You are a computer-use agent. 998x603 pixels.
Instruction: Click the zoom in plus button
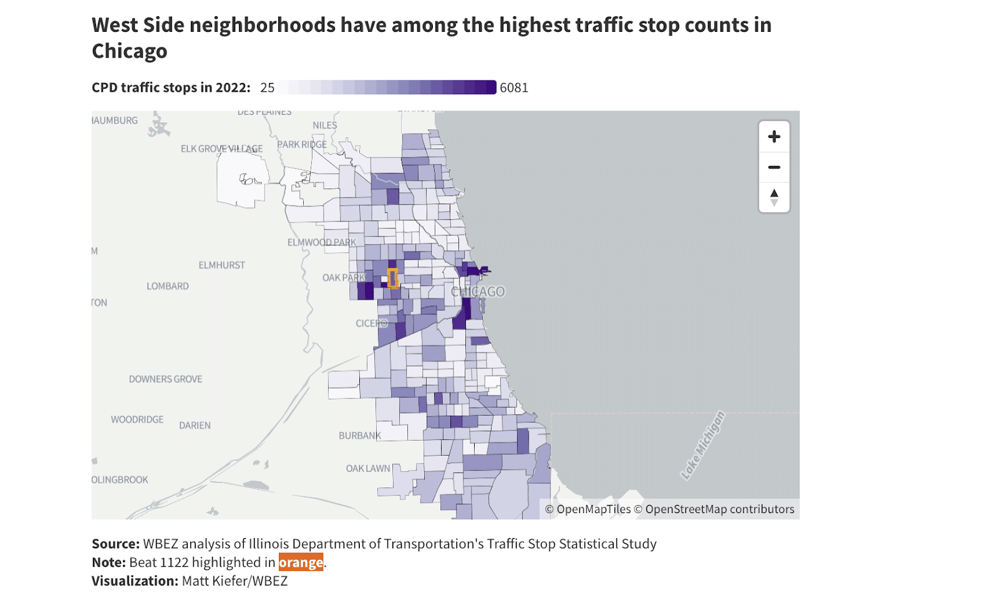coord(774,137)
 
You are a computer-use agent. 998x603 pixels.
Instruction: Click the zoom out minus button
coord(774,167)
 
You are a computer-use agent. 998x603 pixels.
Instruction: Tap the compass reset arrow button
coord(774,197)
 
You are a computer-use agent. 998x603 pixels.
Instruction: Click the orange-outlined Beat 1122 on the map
coord(392,278)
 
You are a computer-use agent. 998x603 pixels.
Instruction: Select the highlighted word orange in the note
coord(301,562)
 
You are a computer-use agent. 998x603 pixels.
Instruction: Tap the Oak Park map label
coord(343,277)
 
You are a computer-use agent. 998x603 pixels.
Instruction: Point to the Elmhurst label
coord(221,265)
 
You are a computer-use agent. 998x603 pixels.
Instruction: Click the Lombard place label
coord(167,286)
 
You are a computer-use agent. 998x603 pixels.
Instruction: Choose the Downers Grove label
coord(165,379)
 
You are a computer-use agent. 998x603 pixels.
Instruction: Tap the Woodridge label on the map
coord(137,419)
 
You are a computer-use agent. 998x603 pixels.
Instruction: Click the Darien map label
coord(195,425)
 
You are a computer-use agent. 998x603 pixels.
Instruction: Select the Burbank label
coord(359,435)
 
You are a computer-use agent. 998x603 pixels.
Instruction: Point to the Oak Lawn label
coord(368,468)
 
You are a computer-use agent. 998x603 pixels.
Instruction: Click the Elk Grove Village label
coord(221,149)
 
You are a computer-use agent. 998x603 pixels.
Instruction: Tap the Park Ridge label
coord(302,144)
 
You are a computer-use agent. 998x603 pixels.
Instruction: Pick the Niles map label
coord(324,125)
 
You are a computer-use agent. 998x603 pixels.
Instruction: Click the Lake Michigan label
coord(703,445)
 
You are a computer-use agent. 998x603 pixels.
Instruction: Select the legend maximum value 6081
coord(514,88)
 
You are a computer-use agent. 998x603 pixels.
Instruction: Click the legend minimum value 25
coord(267,88)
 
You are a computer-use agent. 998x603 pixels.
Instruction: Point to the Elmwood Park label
coord(321,242)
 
